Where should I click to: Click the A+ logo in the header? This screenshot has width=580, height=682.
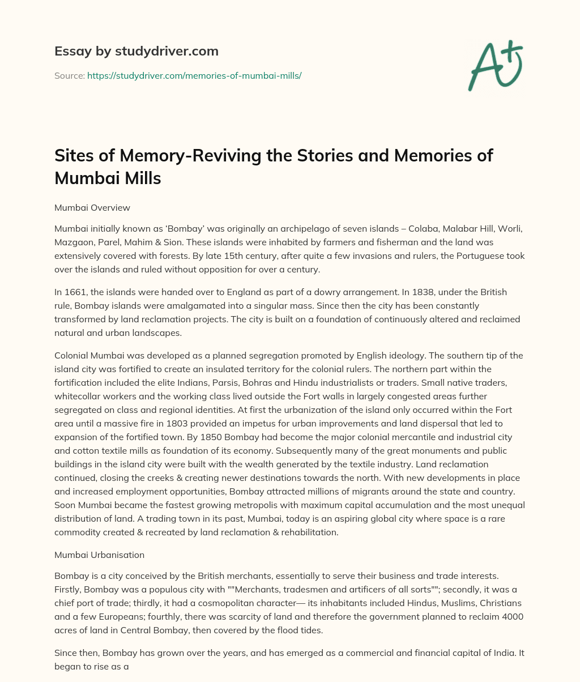[495, 65]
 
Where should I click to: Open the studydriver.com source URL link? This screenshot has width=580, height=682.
[194, 75]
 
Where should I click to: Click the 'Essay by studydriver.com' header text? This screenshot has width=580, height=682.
[136, 51]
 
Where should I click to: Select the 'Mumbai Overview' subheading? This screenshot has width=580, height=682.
[92, 207]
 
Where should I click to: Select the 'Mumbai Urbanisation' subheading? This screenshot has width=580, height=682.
[99, 555]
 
